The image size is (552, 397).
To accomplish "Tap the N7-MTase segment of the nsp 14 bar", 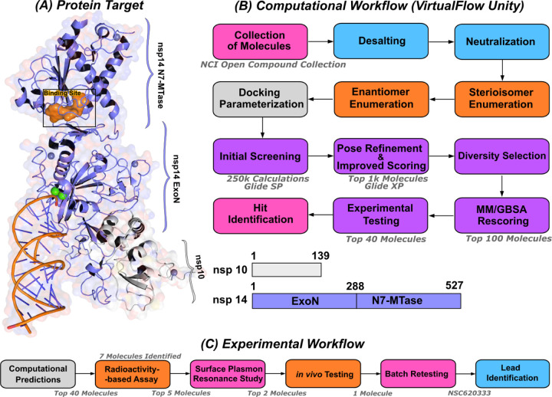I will point(409,301).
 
